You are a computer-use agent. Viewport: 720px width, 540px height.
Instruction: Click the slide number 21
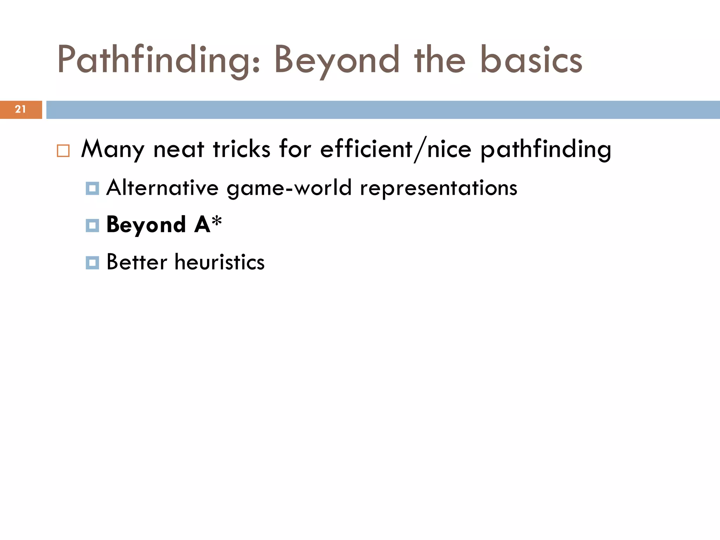[x=20, y=109]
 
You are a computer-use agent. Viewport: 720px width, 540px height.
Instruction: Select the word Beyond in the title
[x=336, y=60]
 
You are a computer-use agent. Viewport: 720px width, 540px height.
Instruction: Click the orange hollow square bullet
[x=63, y=151]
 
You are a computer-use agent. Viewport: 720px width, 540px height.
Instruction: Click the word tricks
[x=242, y=149]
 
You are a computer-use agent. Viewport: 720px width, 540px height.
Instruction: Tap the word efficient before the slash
[x=366, y=149]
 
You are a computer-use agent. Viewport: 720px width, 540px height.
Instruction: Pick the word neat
[x=179, y=149]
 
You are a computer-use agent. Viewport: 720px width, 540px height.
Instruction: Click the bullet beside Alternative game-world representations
[x=92, y=188]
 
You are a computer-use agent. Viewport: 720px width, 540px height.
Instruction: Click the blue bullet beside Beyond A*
[x=92, y=225]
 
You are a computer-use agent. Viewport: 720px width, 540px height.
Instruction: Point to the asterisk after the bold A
[x=217, y=221]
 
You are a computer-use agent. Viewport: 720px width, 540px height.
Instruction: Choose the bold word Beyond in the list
[x=146, y=225]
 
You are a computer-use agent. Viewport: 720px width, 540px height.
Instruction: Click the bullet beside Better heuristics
[x=92, y=263]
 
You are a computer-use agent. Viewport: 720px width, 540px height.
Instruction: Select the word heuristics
[x=219, y=262]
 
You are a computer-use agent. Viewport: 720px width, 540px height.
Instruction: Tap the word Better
[x=137, y=262]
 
